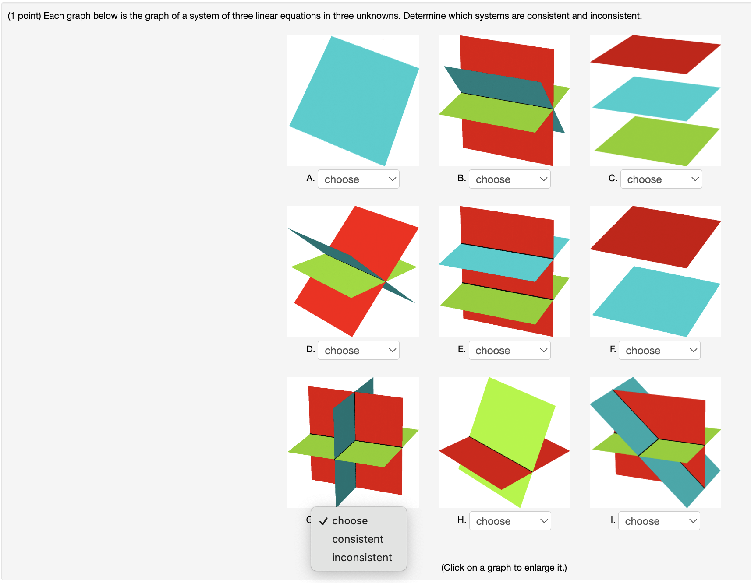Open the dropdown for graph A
358,179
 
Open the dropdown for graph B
510,179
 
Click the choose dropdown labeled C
661,179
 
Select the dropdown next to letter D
358,350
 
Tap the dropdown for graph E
510,350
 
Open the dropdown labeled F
659,350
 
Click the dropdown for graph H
510,521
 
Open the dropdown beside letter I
659,521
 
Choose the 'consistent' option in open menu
358,539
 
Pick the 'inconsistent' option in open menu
362,558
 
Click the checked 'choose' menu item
350,521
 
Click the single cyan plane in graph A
353,101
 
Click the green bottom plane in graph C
656,141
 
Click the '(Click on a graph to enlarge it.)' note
504,568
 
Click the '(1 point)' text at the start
25,16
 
